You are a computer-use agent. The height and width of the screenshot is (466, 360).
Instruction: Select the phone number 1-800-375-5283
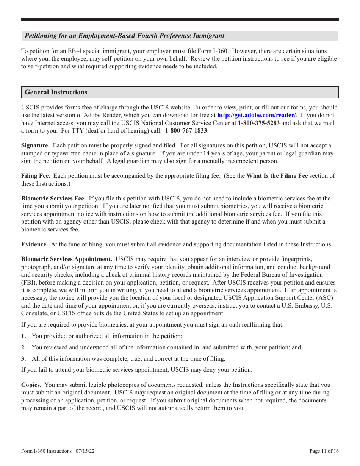point(259,123)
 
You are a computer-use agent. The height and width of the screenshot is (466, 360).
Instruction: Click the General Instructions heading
point(56,92)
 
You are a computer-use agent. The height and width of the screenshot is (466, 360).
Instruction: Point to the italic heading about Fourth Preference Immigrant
point(124,36)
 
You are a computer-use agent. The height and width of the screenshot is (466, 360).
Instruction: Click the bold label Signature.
point(35,145)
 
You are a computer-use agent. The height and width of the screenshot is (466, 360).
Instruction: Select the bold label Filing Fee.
point(36,176)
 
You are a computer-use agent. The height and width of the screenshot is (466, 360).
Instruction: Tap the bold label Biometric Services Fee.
point(53,199)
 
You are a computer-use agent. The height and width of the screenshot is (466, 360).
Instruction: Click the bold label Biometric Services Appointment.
point(67,260)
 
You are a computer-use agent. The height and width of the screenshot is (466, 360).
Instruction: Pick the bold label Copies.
point(31,385)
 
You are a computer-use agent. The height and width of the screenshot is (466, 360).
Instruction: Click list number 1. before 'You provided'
point(23,336)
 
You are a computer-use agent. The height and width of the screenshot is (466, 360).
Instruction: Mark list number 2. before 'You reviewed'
point(23,347)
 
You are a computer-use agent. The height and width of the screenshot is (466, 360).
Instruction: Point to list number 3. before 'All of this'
point(23,359)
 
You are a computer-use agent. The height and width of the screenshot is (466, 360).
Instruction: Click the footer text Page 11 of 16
point(324,451)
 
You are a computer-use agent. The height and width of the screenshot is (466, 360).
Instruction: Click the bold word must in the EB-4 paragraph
point(179,51)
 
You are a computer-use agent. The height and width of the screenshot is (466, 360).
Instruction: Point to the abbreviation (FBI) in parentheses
point(28,283)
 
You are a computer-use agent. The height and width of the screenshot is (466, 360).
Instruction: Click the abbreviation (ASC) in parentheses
point(325,298)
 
